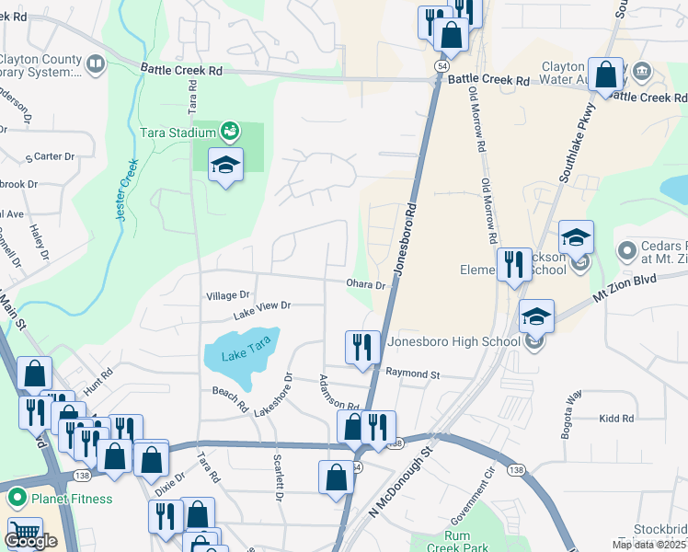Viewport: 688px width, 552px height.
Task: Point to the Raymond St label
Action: pos(414,374)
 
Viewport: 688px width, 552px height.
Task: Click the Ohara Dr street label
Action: pos(366,284)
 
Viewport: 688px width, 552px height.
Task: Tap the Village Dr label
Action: pos(228,295)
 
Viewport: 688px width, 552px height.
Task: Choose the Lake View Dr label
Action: pos(261,310)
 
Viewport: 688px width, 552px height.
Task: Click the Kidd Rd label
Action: pos(615,419)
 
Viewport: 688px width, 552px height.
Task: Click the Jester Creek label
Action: pos(127,190)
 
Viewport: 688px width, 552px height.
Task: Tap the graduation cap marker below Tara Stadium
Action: pos(225,167)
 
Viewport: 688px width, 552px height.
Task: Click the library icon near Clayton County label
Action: pos(95,63)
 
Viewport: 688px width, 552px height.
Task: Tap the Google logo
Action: pos(30,542)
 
